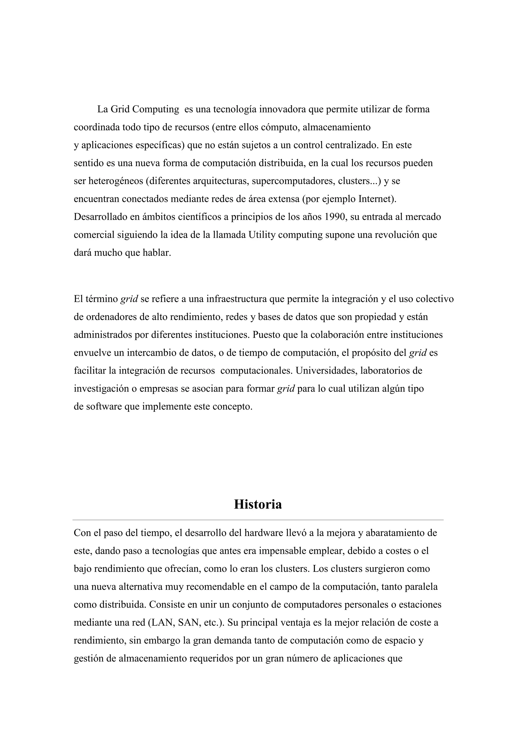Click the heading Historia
click(258, 504)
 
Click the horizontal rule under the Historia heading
click(258, 520)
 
